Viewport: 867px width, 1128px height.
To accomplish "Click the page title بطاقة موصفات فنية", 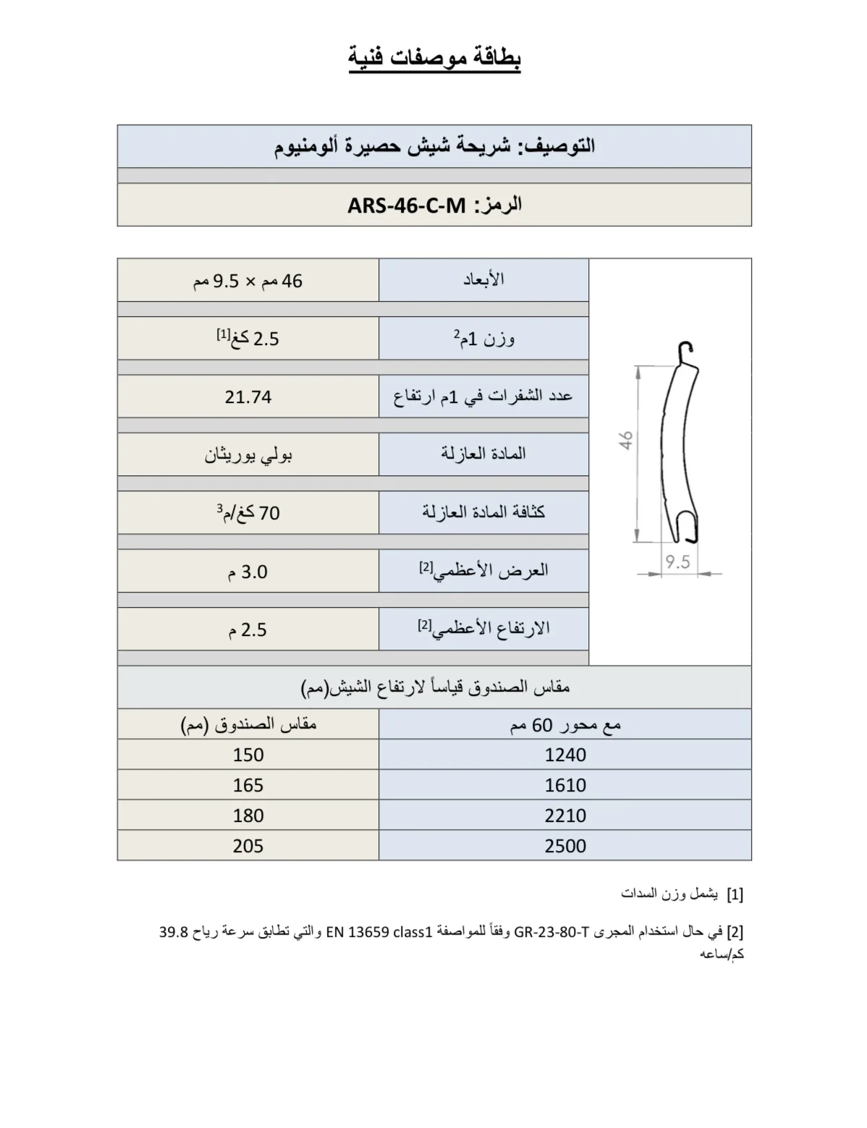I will [434, 58].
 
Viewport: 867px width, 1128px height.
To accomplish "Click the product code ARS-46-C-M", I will [406, 205].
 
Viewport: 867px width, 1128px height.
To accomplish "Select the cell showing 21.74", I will [248, 397].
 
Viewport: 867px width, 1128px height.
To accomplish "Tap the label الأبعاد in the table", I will [483, 280].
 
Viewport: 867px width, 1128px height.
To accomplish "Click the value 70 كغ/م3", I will [248, 513].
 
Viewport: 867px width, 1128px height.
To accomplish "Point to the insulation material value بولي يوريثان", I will [248, 455].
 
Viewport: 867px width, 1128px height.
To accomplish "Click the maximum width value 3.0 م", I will [248, 572].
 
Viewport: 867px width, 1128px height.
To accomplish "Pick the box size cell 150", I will [248, 755].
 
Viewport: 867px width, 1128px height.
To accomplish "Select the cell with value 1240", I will [565, 755].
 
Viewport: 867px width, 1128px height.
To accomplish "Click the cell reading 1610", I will [565, 785].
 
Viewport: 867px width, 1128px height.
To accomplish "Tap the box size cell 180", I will [248, 815].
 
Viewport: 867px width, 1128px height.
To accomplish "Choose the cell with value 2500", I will [565, 846].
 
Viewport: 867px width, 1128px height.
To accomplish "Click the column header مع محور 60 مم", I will [565, 724].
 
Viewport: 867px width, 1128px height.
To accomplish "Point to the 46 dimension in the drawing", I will [627, 440].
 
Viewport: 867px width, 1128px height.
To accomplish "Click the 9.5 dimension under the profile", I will [677, 562].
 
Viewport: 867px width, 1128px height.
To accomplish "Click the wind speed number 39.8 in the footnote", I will [174, 932].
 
